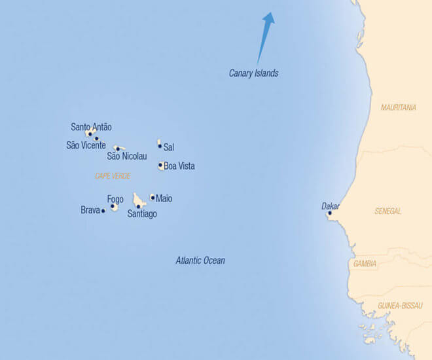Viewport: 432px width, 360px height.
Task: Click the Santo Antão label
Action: coord(91,127)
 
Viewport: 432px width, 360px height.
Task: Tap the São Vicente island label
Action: coord(86,145)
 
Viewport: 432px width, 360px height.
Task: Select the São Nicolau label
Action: coord(127,156)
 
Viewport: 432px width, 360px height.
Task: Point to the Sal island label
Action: coord(169,147)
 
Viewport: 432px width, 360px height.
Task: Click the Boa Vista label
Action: coord(179,166)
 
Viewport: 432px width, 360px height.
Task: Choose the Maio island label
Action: coord(164,198)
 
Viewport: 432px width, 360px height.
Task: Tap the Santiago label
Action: coord(142,214)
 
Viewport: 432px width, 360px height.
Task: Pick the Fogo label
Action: coord(115,199)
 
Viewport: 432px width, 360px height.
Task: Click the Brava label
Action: coord(90,210)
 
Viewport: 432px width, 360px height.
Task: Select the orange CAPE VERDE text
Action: coord(113,176)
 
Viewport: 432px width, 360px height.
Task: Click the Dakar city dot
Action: coord(329,213)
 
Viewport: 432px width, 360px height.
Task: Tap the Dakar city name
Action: coord(330,206)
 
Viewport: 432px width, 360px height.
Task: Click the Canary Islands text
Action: coord(253,73)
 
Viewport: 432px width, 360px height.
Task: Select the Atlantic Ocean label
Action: coord(200,261)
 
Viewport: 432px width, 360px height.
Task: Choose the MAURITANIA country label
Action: coord(398,107)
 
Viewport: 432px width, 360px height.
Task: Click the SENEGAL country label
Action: coord(388,211)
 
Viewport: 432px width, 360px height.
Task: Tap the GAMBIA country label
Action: coord(365,264)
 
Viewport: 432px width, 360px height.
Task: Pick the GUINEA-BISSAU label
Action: coord(400,306)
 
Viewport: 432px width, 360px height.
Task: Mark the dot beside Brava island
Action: coord(103,211)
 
